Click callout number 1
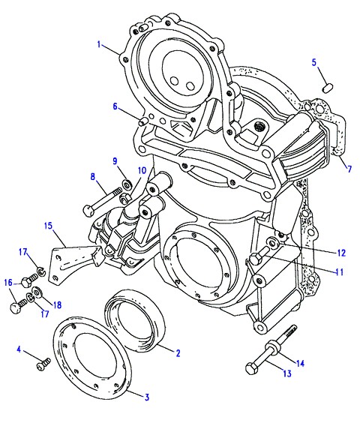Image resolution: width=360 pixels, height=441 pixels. tap(99, 44)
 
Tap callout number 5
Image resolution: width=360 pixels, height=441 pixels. tap(314, 62)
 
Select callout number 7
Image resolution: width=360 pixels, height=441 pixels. tap(349, 169)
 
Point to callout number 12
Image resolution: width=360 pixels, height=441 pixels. tap(341, 253)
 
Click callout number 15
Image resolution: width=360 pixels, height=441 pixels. tap(48, 226)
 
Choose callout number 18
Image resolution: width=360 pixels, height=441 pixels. tap(57, 304)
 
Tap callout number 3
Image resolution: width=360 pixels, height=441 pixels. tap(146, 397)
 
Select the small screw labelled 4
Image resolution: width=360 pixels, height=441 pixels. tap(43, 364)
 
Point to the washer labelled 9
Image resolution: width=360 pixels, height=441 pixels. tap(126, 184)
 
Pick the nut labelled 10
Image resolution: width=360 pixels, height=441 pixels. tap(124, 198)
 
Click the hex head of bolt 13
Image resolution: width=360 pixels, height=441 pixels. tap(250, 369)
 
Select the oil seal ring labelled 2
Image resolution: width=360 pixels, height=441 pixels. tap(135, 322)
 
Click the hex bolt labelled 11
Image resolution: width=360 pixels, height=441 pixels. tap(259, 255)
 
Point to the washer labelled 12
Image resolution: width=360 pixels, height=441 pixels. tap(273, 241)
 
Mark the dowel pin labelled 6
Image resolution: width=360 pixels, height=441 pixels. tap(143, 121)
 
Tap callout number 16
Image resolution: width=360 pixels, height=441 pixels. tap(8, 282)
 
